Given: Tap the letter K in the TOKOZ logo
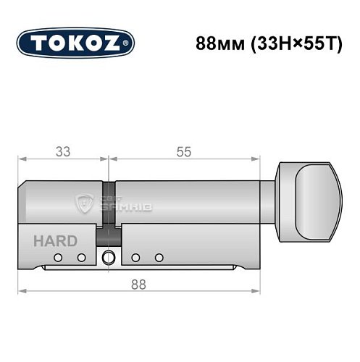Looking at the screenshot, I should [75, 42].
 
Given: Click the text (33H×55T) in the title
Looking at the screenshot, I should [287, 42].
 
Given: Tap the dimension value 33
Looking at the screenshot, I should [63, 153].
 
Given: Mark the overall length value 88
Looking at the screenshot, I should [138, 284].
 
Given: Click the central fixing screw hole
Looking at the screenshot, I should [109, 256].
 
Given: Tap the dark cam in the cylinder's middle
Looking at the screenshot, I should [109, 210].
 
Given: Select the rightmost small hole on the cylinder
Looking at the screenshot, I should [158, 257].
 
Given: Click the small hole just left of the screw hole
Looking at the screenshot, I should [82, 257].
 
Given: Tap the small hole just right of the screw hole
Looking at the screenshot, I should [135, 257].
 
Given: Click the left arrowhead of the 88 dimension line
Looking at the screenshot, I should [21, 292].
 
